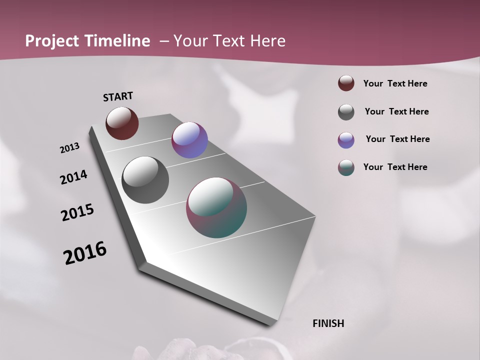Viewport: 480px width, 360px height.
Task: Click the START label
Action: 118,96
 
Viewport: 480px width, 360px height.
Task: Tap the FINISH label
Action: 328,323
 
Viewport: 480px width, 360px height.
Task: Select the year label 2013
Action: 69,148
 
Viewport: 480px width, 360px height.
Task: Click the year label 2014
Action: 73,177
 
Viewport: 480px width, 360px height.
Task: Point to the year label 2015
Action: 77,212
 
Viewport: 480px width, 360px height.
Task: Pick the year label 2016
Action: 85,253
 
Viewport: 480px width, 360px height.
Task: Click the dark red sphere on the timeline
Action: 122,123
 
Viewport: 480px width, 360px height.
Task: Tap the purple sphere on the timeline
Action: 189,140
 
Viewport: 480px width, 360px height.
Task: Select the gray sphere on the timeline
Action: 145,180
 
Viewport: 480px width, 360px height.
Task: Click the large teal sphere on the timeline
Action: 216,207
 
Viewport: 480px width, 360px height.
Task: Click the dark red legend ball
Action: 346,83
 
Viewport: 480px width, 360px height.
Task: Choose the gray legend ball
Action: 346,112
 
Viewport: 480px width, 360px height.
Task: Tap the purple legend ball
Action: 346,140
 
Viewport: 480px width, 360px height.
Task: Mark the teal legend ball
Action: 346,167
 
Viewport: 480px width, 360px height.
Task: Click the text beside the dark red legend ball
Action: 395,83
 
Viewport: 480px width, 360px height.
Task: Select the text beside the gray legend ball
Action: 396,111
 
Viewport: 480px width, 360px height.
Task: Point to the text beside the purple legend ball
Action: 397,139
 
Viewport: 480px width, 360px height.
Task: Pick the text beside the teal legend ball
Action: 395,167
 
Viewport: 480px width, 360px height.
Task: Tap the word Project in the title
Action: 52,41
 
